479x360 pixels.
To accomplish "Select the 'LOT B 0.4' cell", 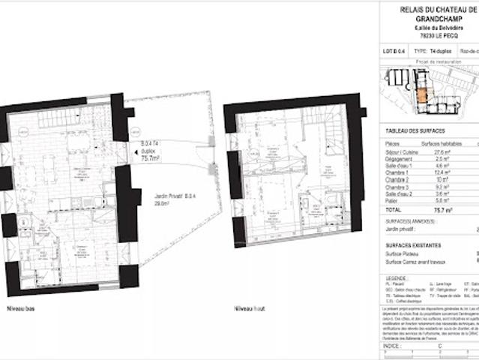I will (395, 52).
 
